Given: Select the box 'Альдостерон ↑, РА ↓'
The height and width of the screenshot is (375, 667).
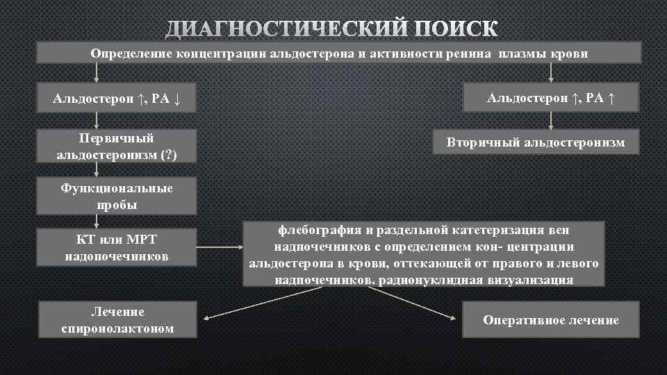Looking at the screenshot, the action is pos(117,99).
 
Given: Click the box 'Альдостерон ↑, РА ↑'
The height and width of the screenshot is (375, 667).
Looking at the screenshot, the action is pos(551,98).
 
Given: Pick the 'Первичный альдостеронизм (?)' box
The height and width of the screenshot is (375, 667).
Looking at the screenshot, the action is pos(117,147).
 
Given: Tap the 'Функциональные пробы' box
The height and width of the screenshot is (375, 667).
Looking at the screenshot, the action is pos(117,197).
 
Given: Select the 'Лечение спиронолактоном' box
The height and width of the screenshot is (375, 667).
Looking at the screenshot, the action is pos(117,319).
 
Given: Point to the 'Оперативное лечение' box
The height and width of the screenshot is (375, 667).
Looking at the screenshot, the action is pos(550,319).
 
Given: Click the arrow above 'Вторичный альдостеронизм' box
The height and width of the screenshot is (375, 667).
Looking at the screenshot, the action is pos(551,119).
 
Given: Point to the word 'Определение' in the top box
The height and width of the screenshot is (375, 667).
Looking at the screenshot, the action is pos(129,53).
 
